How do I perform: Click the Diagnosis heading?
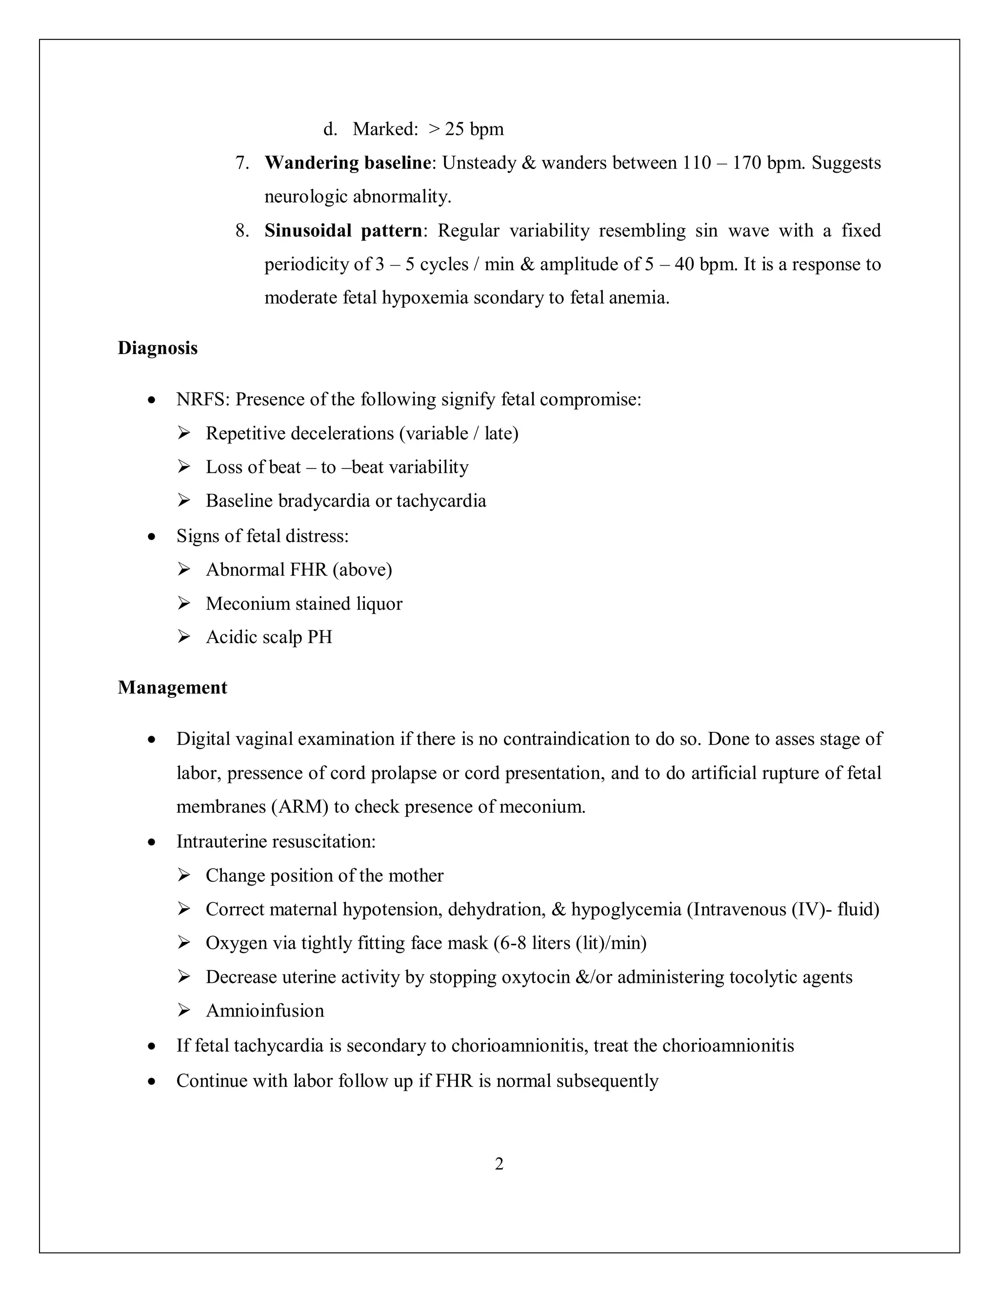pyautogui.click(x=158, y=348)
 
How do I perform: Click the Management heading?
pyautogui.click(x=172, y=687)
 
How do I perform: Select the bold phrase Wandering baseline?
pyautogui.click(x=347, y=163)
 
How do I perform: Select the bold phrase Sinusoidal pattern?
pyautogui.click(x=343, y=230)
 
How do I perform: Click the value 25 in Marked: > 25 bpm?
pyautogui.click(x=455, y=129)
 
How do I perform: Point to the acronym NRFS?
pyautogui.click(x=202, y=399)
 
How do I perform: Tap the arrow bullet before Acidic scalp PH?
pyautogui.click(x=183, y=637)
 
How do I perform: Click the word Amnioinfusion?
pyautogui.click(x=264, y=1010)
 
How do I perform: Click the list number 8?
pyautogui.click(x=241, y=231)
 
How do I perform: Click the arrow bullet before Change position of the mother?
pyautogui.click(x=183, y=875)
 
